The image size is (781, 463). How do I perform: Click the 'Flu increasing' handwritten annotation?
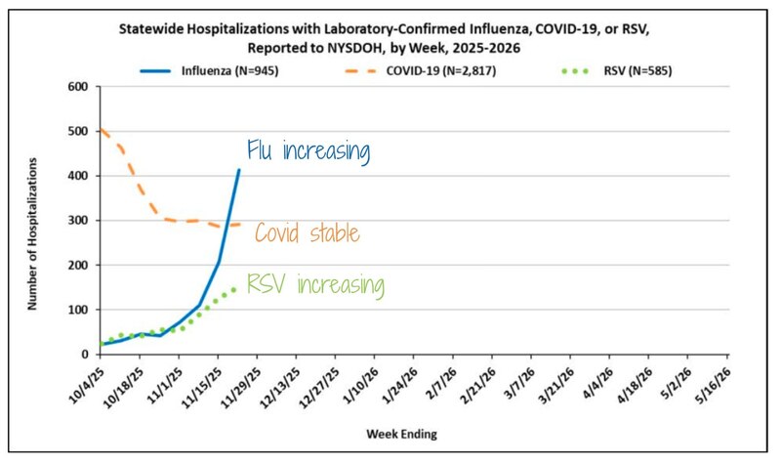click(x=308, y=151)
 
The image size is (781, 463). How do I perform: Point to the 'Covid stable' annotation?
click(x=308, y=233)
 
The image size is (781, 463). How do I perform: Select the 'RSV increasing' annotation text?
click(x=315, y=285)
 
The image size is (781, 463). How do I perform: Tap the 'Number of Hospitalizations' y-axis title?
click(x=32, y=220)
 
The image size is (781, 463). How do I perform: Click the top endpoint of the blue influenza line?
click(x=239, y=170)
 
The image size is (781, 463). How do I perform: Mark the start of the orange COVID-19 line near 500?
click(x=101, y=129)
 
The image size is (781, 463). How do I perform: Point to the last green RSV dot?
click(x=233, y=289)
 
